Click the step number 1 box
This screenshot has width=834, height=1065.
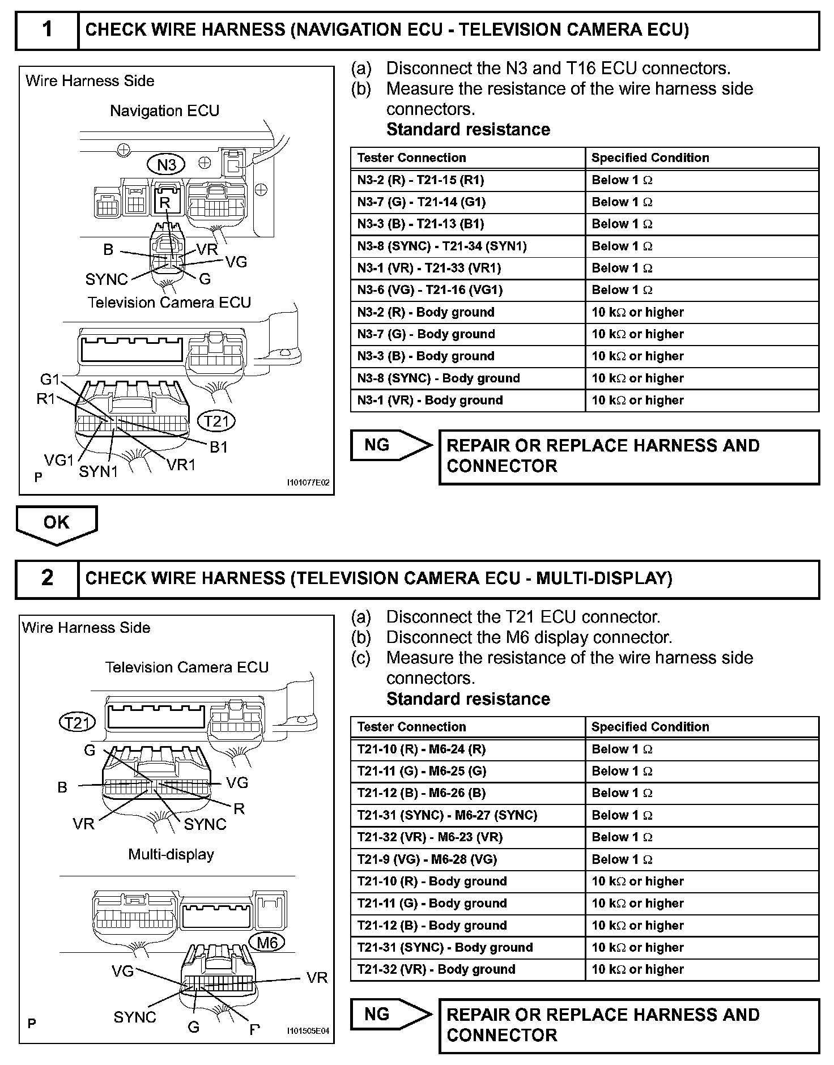click(x=47, y=29)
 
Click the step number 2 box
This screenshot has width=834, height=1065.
click(x=47, y=578)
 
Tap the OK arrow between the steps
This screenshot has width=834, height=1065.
click(x=57, y=523)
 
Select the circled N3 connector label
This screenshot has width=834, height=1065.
click(x=167, y=165)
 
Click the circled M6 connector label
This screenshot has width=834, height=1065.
click(x=267, y=943)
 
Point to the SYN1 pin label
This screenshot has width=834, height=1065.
click(x=98, y=471)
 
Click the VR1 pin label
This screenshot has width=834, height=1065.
click(x=181, y=465)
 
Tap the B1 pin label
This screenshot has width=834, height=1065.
click(x=219, y=447)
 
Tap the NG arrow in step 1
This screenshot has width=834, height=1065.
click(x=390, y=446)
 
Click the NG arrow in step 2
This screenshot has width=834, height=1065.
click(x=390, y=1015)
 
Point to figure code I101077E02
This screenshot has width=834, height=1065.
click(x=308, y=483)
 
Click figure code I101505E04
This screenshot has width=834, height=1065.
click(x=308, y=1031)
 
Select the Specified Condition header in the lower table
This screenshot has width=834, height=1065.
click(x=650, y=727)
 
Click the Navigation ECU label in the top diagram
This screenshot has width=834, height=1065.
click(x=164, y=110)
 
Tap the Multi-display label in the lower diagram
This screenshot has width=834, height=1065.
click(x=171, y=854)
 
